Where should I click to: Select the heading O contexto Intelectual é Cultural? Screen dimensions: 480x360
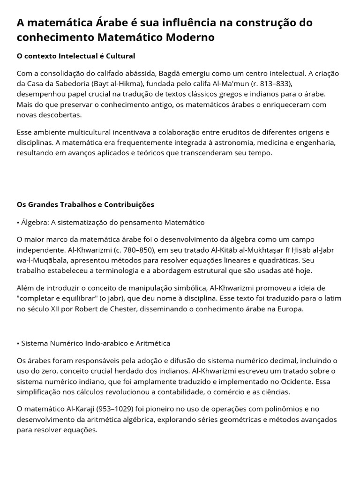point(76,56)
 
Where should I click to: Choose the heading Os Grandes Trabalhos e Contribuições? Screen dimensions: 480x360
point(85,205)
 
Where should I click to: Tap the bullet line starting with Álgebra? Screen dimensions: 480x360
point(111,222)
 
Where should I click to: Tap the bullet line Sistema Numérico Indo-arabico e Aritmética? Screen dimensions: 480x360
point(93,343)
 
